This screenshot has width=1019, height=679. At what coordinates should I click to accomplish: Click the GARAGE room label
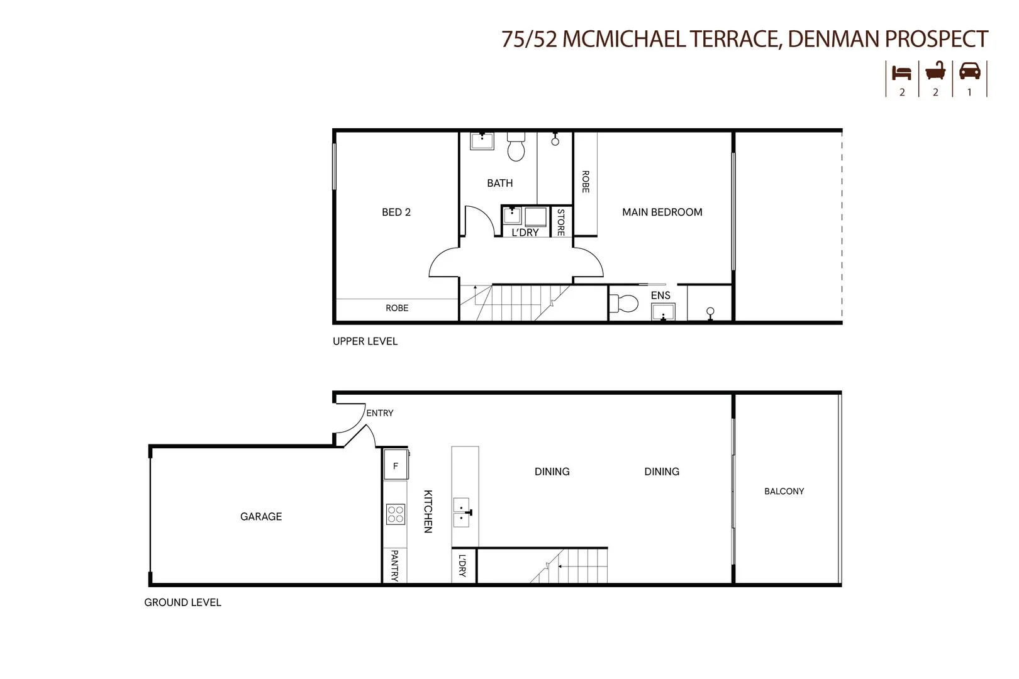click(x=261, y=517)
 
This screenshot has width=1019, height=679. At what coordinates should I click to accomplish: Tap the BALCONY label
click(x=784, y=492)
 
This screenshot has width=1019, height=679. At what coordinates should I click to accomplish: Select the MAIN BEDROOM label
click(x=662, y=213)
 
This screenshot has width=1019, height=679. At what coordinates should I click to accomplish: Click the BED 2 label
click(x=396, y=213)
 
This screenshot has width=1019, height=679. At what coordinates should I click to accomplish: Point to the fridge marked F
click(x=396, y=466)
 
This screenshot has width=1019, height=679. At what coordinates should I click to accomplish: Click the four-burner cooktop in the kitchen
click(x=396, y=514)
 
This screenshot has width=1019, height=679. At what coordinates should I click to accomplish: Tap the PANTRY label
click(x=394, y=566)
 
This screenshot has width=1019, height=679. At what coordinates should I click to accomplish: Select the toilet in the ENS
click(x=625, y=304)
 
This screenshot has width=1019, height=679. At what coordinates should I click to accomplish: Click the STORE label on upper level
click(x=560, y=222)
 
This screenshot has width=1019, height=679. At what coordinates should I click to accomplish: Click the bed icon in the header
click(x=901, y=72)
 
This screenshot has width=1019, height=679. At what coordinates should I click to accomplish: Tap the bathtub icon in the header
click(x=935, y=71)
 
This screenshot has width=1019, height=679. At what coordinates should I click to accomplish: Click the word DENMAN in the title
click(x=833, y=39)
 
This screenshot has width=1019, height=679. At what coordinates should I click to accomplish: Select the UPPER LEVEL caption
click(x=365, y=341)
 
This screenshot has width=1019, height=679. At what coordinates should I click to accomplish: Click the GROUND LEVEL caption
click(x=182, y=602)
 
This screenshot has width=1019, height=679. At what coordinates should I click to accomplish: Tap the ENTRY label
click(x=380, y=413)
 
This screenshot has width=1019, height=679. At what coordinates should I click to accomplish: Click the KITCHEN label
click(x=428, y=511)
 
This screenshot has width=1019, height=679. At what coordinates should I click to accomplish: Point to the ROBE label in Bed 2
click(x=397, y=308)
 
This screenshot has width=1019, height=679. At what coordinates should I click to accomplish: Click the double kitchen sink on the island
click(x=462, y=512)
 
